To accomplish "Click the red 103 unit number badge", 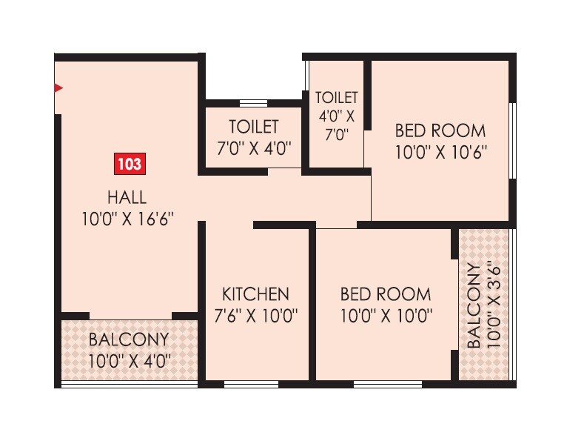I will (x=129, y=164).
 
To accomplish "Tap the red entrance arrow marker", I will (x=58, y=88).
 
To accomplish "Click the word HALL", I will (x=127, y=197).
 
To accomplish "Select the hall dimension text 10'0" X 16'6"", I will (x=130, y=219).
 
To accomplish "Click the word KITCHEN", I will (x=255, y=294).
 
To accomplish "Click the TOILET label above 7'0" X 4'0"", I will (x=254, y=126).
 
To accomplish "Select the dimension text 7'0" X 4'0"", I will (x=254, y=147).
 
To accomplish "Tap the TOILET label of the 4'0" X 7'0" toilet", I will (x=336, y=98).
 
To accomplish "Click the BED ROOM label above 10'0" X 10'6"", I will (x=440, y=131).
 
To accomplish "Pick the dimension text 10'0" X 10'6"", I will (x=440, y=153).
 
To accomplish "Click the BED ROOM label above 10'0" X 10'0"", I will (x=386, y=294).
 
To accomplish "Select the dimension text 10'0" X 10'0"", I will (x=386, y=316).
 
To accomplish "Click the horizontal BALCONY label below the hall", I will (x=129, y=340).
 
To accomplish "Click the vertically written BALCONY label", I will (x=472, y=305).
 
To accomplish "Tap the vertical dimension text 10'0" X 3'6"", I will (x=494, y=305).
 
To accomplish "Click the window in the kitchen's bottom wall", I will (x=251, y=384).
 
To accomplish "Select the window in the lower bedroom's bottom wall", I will (x=388, y=384).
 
